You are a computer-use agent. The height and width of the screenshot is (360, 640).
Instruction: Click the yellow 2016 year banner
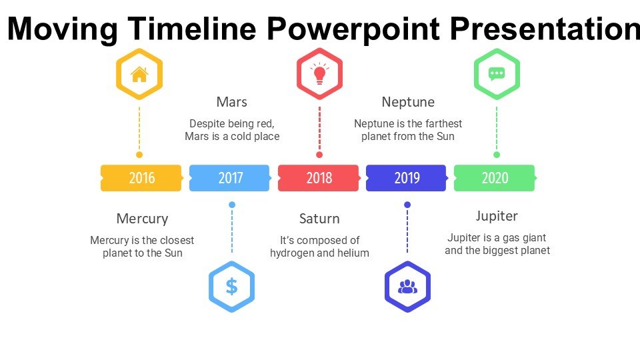[x=141, y=178]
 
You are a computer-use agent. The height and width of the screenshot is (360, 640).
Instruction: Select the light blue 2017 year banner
[x=230, y=178]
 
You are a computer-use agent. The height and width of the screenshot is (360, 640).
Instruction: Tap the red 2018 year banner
[x=319, y=178]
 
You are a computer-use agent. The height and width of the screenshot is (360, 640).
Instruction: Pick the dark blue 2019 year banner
[x=407, y=178]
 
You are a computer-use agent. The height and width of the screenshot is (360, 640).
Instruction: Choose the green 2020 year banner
[x=495, y=178]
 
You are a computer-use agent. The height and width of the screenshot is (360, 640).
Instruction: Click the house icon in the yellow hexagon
[x=139, y=74]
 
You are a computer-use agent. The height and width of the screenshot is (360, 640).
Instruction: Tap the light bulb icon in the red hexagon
[x=319, y=73]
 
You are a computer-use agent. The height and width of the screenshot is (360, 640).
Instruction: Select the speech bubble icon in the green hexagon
[x=497, y=74]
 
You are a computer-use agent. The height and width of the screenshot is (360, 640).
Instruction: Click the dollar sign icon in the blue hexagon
[x=231, y=287]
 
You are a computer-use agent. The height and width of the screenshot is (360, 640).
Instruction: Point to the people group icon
[x=407, y=287]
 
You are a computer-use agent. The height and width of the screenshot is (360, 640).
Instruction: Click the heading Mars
[x=232, y=102]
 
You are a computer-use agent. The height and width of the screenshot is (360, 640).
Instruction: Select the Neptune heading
[x=408, y=102]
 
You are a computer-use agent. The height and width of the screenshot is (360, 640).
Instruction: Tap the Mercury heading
[x=142, y=219]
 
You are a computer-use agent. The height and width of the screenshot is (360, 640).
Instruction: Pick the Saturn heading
[x=319, y=219]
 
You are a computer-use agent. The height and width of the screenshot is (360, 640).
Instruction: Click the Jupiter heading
[x=497, y=216]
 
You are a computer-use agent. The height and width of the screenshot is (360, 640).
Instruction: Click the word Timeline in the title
[x=192, y=29]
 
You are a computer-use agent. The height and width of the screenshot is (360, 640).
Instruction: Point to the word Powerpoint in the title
[x=353, y=29]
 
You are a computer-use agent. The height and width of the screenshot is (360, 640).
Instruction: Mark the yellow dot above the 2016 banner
[x=139, y=155]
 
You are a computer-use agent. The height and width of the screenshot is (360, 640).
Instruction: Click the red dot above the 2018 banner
[x=319, y=155]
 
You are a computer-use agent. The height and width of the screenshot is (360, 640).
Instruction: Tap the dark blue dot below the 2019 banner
[x=407, y=205]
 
